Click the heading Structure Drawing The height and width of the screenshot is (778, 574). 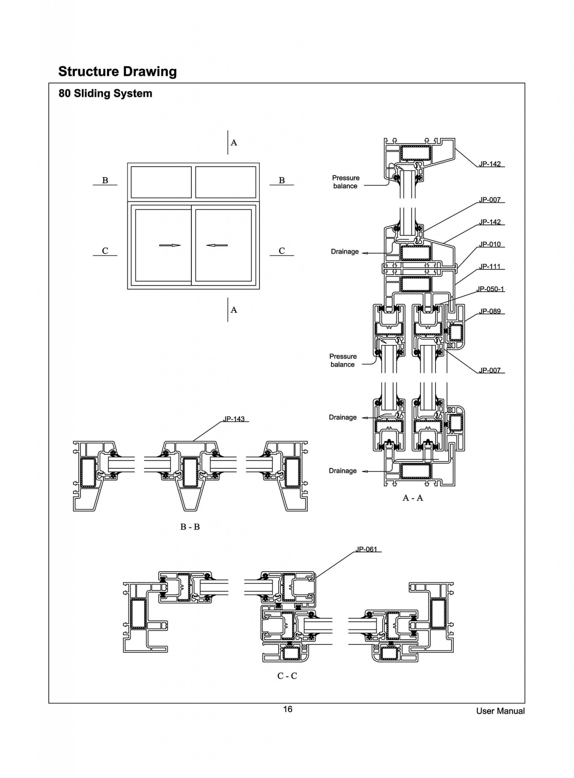[x=117, y=71]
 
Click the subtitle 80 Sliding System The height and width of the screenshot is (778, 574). [x=105, y=93]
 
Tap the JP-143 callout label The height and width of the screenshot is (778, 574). [x=234, y=419]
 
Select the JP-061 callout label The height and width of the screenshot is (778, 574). [x=366, y=549]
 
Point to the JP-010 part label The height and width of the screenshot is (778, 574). [x=490, y=244]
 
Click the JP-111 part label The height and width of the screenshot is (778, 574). [x=490, y=266]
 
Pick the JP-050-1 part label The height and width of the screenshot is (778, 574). [x=490, y=289]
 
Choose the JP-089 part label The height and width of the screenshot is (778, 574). [x=490, y=311]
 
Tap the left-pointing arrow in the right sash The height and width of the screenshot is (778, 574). [x=217, y=245]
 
